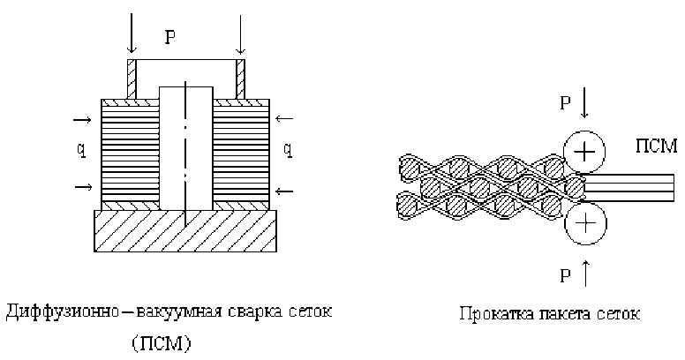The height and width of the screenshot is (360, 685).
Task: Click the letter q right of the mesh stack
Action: (287, 150)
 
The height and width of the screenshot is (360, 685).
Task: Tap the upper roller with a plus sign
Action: (583, 152)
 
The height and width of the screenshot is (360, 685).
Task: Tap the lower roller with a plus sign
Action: (583, 227)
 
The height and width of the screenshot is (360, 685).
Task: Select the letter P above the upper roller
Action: (565, 103)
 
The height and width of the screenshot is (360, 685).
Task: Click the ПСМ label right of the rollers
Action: (655, 142)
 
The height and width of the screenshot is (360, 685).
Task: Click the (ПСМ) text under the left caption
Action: (165, 342)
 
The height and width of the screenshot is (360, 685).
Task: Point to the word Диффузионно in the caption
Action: (55, 312)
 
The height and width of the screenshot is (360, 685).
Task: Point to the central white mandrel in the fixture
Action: (185, 146)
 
